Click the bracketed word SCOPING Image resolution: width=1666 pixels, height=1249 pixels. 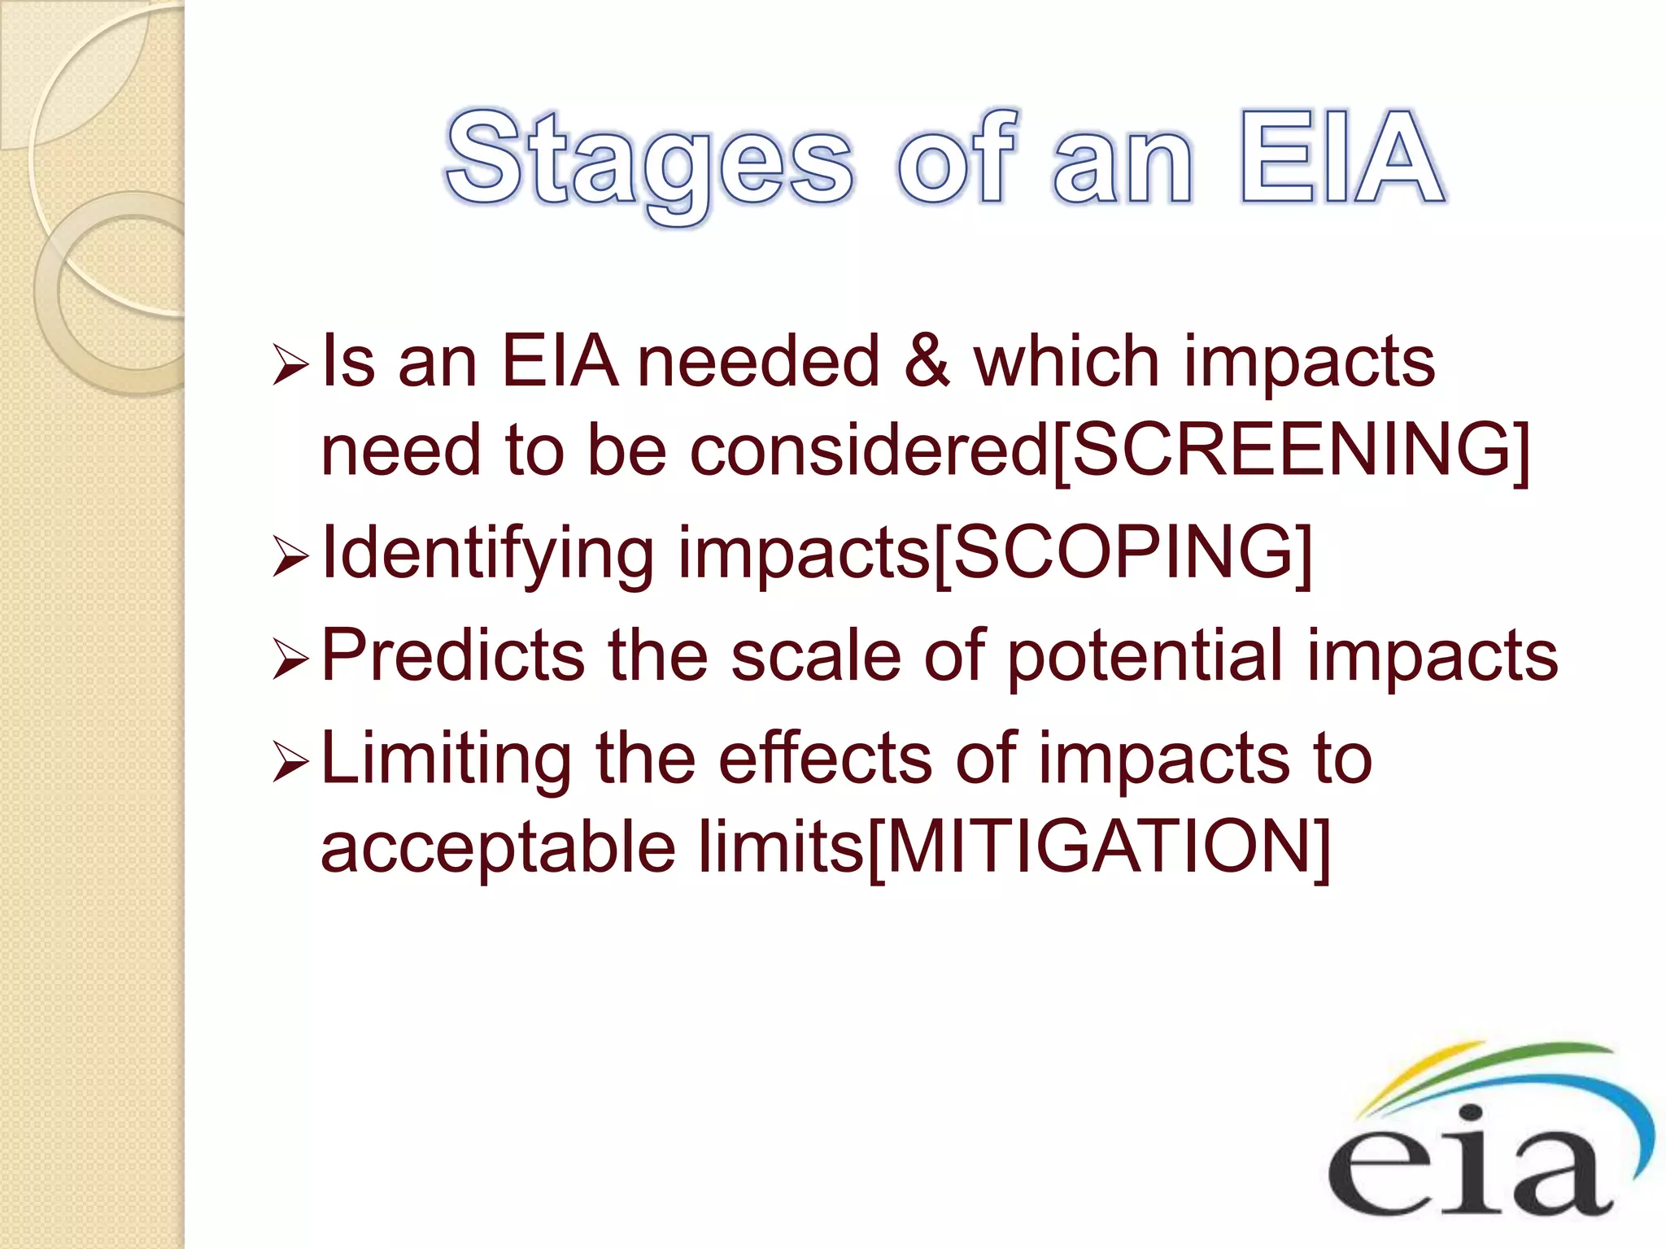click(1123, 553)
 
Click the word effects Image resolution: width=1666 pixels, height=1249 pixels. click(825, 758)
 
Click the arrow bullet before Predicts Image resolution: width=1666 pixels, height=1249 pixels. click(290, 659)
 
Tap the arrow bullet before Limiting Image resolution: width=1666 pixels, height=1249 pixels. click(290, 763)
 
